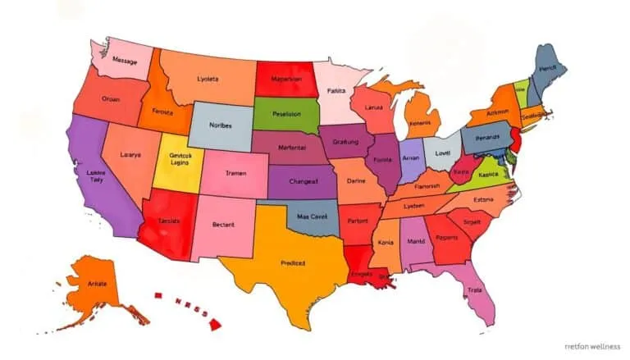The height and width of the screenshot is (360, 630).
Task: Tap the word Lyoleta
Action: (x=208, y=80)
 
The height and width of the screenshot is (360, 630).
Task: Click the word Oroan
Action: (x=111, y=98)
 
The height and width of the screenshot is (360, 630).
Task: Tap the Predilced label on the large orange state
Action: (x=293, y=263)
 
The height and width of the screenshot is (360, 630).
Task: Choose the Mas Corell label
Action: (x=312, y=217)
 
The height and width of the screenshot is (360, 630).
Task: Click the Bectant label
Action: (x=223, y=224)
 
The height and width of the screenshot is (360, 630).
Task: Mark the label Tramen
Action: (x=235, y=174)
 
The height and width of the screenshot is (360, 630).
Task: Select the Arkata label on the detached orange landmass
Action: (x=97, y=283)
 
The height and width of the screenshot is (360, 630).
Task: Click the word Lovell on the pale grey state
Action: (x=444, y=153)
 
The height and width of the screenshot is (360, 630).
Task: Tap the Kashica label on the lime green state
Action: (x=489, y=175)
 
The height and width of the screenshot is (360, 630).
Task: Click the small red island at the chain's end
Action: (x=215, y=324)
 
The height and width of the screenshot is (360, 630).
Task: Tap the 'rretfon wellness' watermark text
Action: (x=592, y=346)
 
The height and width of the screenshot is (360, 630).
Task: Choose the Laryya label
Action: (x=130, y=154)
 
